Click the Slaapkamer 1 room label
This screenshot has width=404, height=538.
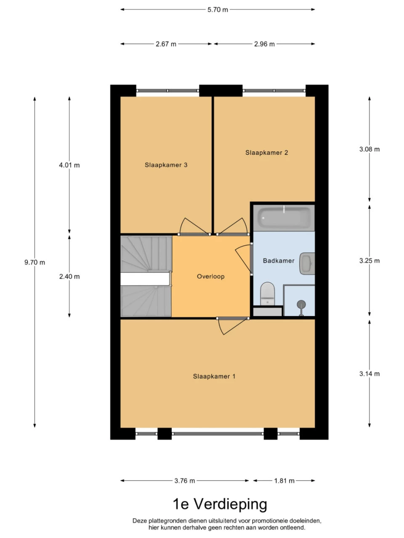[214, 376]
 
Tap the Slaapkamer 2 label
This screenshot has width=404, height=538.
[267, 153]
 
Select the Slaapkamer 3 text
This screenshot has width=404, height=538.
[166, 165]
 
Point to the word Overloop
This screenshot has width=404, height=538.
[211, 277]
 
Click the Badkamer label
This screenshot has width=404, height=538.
[279, 261]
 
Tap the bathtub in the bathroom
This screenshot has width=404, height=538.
[284, 217]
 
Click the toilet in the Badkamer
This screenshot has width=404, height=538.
[267, 294]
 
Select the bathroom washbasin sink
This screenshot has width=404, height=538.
[307, 263]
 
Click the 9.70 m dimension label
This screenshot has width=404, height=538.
[35, 262]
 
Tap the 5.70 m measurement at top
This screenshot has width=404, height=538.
[218, 10]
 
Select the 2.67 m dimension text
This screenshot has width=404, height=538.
[166, 44]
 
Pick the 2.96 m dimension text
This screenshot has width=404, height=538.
[264, 44]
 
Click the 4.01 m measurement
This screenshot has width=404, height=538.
[69, 165]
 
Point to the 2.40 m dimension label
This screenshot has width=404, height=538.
[69, 277]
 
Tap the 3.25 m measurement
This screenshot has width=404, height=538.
[369, 261]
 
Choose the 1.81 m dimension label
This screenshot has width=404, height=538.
[284, 481]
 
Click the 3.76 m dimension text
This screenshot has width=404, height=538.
[185, 481]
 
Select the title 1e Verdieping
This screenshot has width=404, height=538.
[220, 505]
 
